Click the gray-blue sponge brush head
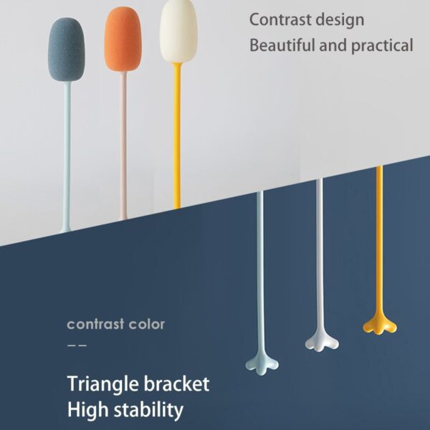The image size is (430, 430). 67,49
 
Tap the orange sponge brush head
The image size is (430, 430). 123,39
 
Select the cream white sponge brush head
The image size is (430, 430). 178,31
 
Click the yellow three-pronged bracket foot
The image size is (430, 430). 380,325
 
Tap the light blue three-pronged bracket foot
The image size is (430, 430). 262,365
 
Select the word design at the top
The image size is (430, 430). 340,21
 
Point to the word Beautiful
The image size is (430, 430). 282,44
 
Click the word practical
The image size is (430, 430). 382,46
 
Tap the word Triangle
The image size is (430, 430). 103,384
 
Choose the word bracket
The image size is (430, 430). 177,383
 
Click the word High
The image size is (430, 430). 87,411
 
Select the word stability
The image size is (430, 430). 148,410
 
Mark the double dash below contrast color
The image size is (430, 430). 77,345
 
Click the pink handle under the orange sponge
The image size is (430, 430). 123,145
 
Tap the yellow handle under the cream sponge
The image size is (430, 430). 177,135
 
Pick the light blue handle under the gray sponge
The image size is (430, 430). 67,157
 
